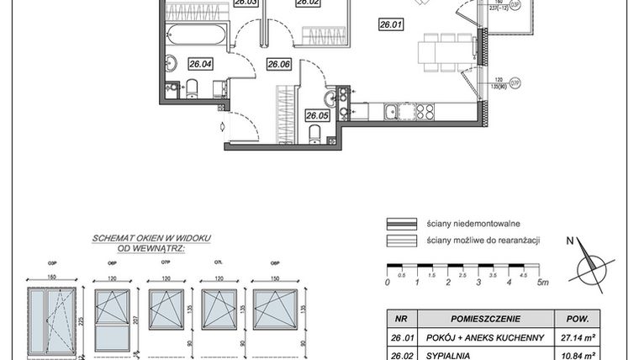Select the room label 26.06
point(278,63)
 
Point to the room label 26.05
point(317,116)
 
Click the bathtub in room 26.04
point(197,34)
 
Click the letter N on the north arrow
point(569,241)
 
